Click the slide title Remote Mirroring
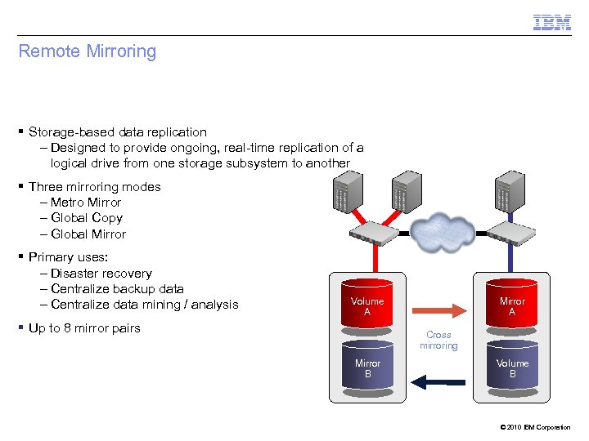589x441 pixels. coord(87,51)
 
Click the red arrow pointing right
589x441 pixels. coord(440,310)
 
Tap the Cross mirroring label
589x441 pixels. coord(439,341)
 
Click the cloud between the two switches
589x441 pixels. coord(443,233)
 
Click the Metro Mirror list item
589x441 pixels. coord(85,203)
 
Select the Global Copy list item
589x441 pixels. coord(86,218)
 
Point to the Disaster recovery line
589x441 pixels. coord(101,274)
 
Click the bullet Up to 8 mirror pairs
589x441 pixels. coord(84,328)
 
